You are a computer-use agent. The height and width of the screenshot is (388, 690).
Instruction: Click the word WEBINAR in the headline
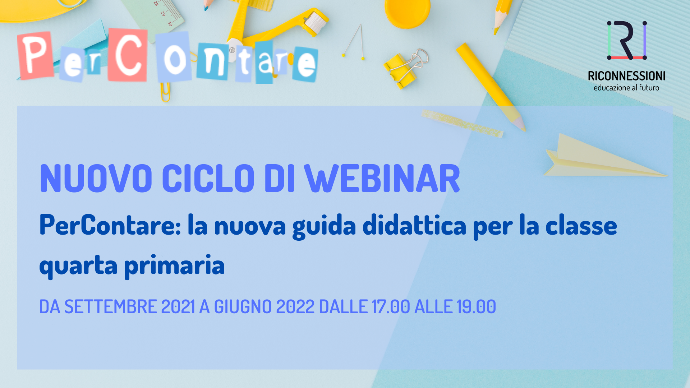pyautogui.click(x=382, y=179)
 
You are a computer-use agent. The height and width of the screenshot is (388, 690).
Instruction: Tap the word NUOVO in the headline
pyautogui.click(x=96, y=179)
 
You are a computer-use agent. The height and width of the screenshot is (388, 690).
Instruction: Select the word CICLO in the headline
pyautogui.click(x=208, y=179)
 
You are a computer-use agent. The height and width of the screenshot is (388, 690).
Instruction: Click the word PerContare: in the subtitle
pyautogui.click(x=110, y=225)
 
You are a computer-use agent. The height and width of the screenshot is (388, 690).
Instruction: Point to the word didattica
pyautogui.click(x=414, y=225)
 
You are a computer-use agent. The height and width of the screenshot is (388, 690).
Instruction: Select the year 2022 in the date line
pyautogui.click(x=295, y=307)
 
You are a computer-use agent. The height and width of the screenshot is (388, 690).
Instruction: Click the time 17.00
pyautogui.click(x=391, y=307)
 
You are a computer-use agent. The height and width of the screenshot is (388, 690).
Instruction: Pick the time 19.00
pyautogui.click(x=476, y=307)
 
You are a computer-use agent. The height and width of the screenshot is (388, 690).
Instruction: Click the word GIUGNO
pyautogui.click(x=243, y=307)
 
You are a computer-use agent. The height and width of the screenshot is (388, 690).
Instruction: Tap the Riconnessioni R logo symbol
pyautogui.click(x=627, y=40)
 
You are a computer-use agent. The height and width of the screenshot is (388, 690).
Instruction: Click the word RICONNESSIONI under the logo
pyautogui.click(x=626, y=76)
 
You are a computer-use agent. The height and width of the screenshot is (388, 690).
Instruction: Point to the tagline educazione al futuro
pyautogui.click(x=626, y=88)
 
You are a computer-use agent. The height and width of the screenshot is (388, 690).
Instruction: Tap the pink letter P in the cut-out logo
pyautogui.click(x=36, y=55)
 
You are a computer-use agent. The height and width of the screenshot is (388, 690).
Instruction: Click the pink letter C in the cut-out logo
pyautogui.click(x=128, y=55)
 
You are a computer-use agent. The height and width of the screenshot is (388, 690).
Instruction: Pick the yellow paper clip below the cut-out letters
pyautogui.click(x=165, y=92)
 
